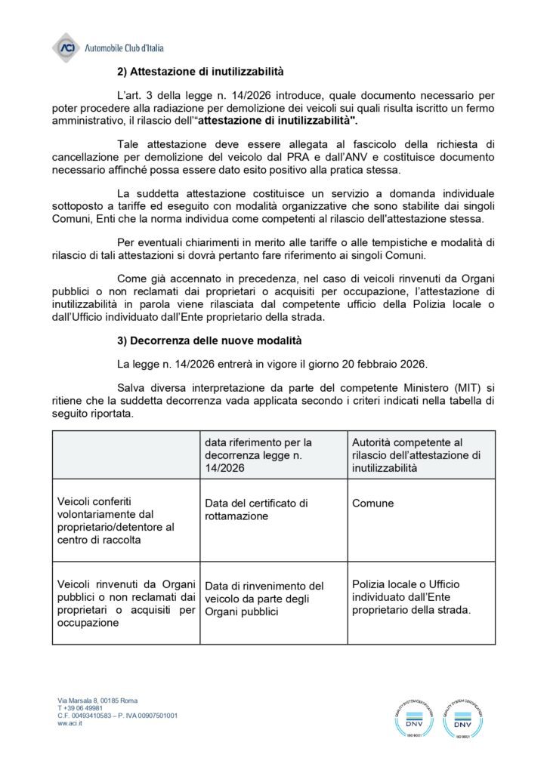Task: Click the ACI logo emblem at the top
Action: (x=66, y=48)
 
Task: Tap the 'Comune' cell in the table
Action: (x=373, y=503)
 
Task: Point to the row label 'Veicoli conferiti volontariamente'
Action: (x=116, y=520)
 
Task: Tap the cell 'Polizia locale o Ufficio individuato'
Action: (x=411, y=596)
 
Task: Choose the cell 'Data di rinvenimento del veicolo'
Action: (x=264, y=598)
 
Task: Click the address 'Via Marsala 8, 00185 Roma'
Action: (x=97, y=701)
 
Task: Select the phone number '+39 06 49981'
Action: (x=80, y=708)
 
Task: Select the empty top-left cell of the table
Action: (x=125, y=454)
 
